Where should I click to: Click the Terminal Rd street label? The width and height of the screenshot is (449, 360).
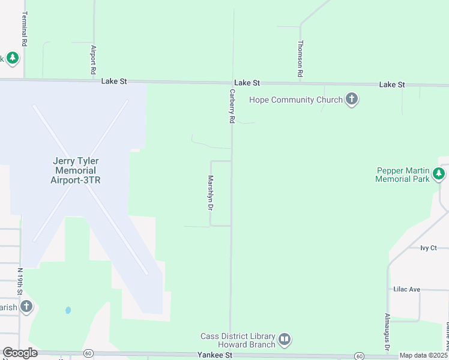[24, 29]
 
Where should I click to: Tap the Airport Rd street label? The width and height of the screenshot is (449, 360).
[94, 59]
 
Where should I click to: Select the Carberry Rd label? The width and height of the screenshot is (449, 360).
[231, 106]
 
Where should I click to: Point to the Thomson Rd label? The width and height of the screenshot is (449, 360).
[300, 59]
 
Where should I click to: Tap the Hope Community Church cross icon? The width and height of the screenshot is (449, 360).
[352, 100]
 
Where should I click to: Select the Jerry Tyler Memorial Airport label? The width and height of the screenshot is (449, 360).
[76, 170]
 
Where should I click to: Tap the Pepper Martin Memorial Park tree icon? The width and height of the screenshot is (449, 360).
[439, 174]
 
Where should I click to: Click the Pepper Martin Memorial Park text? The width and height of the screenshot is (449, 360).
[403, 175]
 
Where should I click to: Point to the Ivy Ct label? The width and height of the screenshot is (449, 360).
[429, 248]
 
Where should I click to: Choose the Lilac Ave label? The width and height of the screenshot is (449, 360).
[406, 289]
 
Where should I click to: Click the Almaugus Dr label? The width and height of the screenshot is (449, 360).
[387, 332]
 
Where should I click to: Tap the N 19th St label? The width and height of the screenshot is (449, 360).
[20, 281]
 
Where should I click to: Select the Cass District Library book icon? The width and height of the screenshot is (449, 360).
[285, 340]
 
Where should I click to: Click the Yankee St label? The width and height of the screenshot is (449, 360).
[215, 356]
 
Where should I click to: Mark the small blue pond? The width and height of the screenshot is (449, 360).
[68, 310]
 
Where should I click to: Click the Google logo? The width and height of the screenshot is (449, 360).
[20, 353]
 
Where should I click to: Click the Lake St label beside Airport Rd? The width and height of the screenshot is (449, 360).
[115, 80]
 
